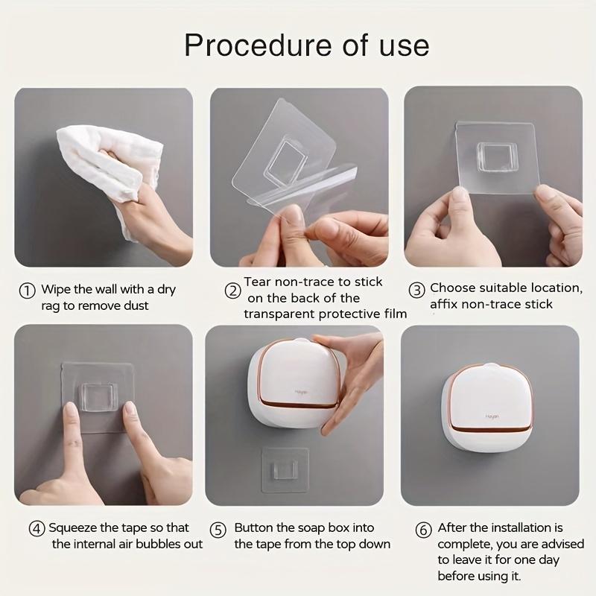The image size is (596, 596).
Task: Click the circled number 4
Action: point(37,529)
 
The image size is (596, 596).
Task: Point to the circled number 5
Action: point(218,530)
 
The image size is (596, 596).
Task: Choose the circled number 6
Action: point(423,530)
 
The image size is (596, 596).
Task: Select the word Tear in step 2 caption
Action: point(258,282)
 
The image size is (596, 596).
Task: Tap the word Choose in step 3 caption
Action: point(454,288)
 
